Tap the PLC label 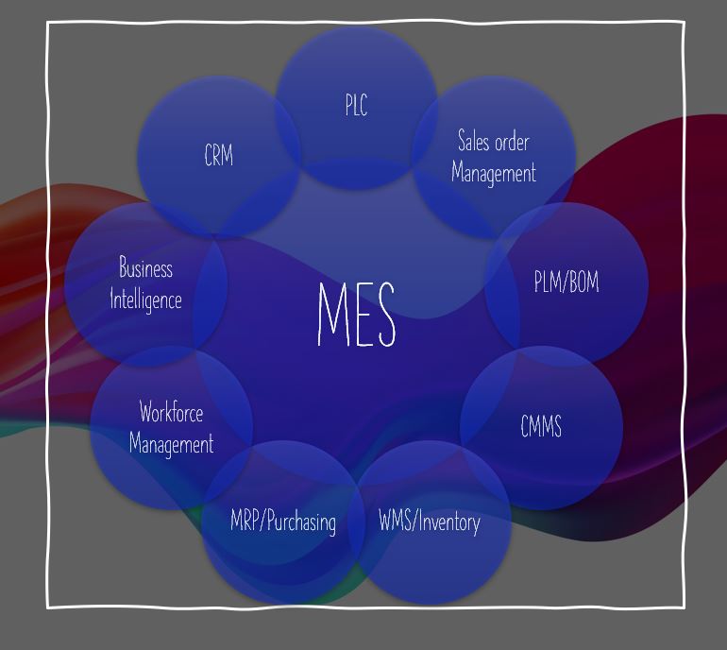(x=356, y=106)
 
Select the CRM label (x=219, y=155)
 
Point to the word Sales (x=473, y=142)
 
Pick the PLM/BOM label (x=566, y=282)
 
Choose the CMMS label (x=541, y=426)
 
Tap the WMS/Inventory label (x=430, y=521)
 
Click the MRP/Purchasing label (x=283, y=522)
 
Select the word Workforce (x=171, y=412)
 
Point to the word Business (x=145, y=268)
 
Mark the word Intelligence (x=145, y=299)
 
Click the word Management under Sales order (x=494, y=173)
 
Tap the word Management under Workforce (x=171, y=443)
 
